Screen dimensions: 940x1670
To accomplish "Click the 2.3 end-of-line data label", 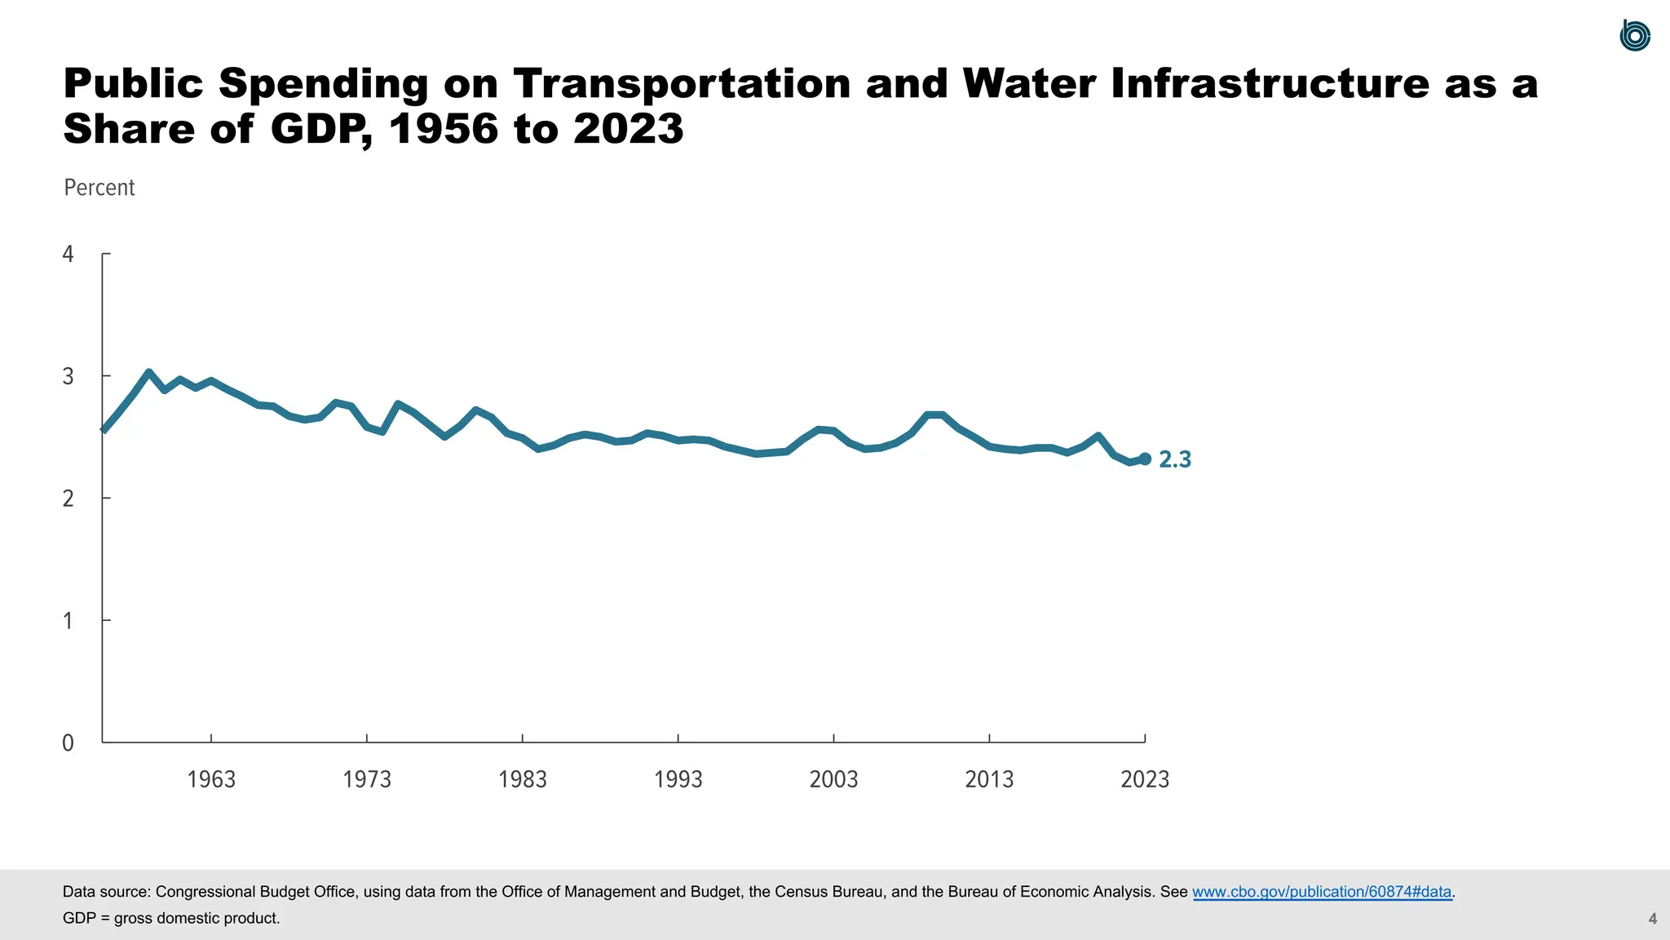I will coord(1174,460).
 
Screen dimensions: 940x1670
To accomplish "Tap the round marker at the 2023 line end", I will coord(1145,459).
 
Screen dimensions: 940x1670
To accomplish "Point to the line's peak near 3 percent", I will coord(148,373).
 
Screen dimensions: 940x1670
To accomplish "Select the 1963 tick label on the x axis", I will coord(211,779).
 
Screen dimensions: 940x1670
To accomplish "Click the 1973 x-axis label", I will coord(367,779).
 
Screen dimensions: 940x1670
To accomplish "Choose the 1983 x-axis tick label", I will coord(523,779).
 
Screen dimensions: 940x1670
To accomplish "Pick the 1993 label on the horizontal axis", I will coord(678,779).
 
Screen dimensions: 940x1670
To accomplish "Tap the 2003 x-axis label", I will coord(833,779).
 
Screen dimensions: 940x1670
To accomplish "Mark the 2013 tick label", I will coord(989,779).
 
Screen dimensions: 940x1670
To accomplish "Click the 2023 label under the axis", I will coord(1145,779).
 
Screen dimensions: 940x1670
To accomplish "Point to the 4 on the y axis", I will coord(68,255).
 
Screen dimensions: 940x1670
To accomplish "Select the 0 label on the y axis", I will coord(68,743).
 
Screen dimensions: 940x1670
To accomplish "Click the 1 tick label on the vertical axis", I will coord(68,621).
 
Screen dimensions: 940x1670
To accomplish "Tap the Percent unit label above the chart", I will coord(99,188).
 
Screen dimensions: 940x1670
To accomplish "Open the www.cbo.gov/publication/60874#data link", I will coord(1322,892).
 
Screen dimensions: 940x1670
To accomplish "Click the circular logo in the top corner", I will coord(1634,36).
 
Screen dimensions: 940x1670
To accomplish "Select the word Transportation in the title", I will coord(682,84).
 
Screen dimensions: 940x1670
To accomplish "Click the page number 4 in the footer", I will coord(1653,919).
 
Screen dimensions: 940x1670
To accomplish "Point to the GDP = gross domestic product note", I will coord(171,918).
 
